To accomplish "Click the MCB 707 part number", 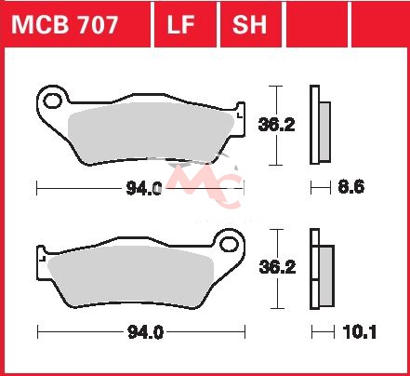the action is pos(65,24).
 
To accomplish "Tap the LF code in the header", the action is pos(180,24).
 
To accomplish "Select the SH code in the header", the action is pos(249,24).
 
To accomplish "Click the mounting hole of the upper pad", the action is pos(52,101).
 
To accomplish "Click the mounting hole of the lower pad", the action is pos(229,244).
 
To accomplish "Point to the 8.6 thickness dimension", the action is pos(351,187).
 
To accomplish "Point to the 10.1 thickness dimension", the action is pos(360,332).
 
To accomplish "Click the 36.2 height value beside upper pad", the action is pos(276,125).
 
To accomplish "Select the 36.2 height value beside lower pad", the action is pos(277,267).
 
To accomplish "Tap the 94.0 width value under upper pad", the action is pos(144,188).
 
